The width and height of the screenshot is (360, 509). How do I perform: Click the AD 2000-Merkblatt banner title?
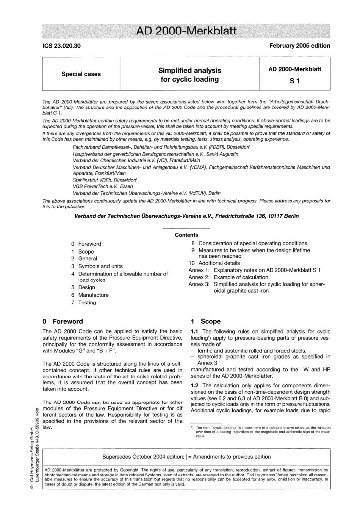pyautogui.click(x=186, y=31)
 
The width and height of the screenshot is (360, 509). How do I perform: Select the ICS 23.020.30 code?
pyautogui.click(x=61, y=46)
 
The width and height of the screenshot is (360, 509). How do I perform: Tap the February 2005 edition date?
pyautogui.click(x=299, y=45)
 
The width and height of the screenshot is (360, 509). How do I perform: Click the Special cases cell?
pyautogui.click(x=81, y=74)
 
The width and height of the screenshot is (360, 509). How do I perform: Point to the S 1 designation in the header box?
pyautogui.click(x=294, y=81)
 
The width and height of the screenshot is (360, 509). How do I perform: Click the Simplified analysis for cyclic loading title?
pyautogui.click(x=189, y=75)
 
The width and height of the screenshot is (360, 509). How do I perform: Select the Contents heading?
pyautogui.click(x=186, y=235)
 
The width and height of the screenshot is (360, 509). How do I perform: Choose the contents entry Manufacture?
pyautogui.click(x=93, y=295)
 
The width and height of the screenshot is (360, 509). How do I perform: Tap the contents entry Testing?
pyautogui.click(x=87, y=302)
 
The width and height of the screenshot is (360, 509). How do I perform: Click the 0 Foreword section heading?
pyautogui.click(x=63, y=321)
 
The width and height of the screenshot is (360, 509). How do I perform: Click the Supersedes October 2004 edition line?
pyautogui.click(x=186, y=457)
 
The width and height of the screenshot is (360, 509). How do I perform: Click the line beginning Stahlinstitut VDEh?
pyautogui.click(x=105, y=180)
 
